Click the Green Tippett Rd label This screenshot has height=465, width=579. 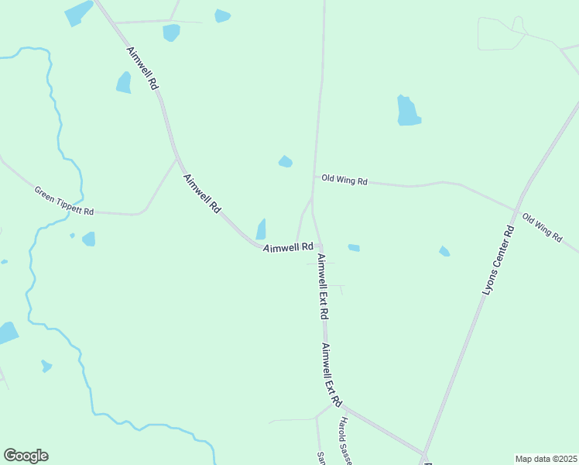tap(64, 201)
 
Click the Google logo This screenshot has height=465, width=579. tap(26, 456)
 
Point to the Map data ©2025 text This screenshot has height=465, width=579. tap(546, 458)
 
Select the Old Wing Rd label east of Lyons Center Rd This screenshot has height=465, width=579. tap(542, 228)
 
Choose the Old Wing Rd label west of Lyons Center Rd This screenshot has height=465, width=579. tap(344, 180)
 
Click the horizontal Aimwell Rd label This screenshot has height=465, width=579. tap(288, 247)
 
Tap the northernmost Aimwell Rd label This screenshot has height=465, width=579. tap(143, 69)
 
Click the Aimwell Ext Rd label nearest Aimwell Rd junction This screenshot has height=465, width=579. tap(324, 287)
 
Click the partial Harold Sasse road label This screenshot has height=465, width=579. tap(344, 442)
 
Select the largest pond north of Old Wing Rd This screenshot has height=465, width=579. tap(408, 111)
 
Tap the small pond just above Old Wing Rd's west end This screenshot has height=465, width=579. tap(286, 161)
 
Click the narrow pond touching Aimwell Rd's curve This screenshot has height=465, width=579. tap(261, 229)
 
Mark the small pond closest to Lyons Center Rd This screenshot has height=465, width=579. tap(444, 251)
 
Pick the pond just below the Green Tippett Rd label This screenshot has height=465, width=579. tap(89, 239)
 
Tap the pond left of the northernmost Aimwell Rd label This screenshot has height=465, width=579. tap(124, 82)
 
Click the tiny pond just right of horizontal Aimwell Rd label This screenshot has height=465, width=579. tap(354, 248)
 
